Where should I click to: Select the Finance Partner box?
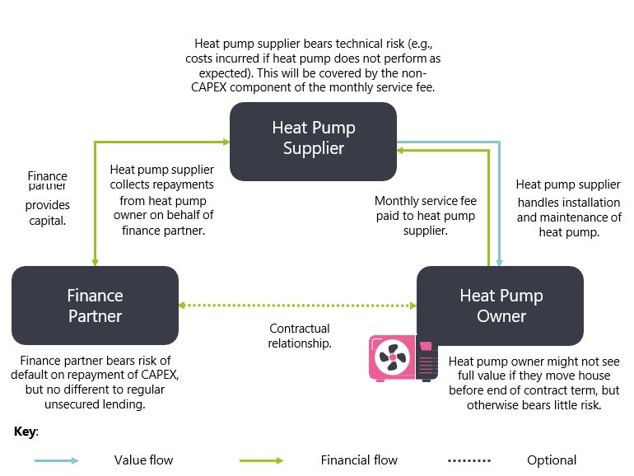[x=95, y=306]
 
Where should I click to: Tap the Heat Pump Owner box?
[x=501, y=306]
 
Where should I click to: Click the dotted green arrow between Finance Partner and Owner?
[x=297, y=306]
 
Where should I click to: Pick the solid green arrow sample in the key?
[x=261, y=460]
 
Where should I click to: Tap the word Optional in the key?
[x=552, y=460]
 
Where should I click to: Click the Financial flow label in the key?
[x=359, y=460]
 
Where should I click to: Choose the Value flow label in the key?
[x=143, y=460]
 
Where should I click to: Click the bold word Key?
[x=26, y=432]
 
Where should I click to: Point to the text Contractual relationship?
[x=300, y=335]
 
